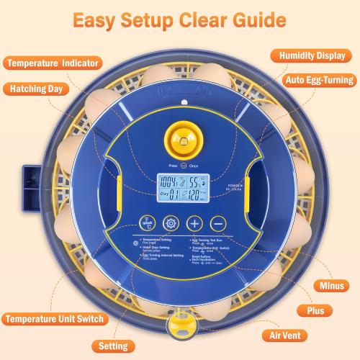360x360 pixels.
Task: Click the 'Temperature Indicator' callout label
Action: (x=52, y=63)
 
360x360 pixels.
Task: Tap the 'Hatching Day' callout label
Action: (x=39, y=90)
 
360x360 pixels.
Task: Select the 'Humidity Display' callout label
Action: (x=311, y=55)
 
